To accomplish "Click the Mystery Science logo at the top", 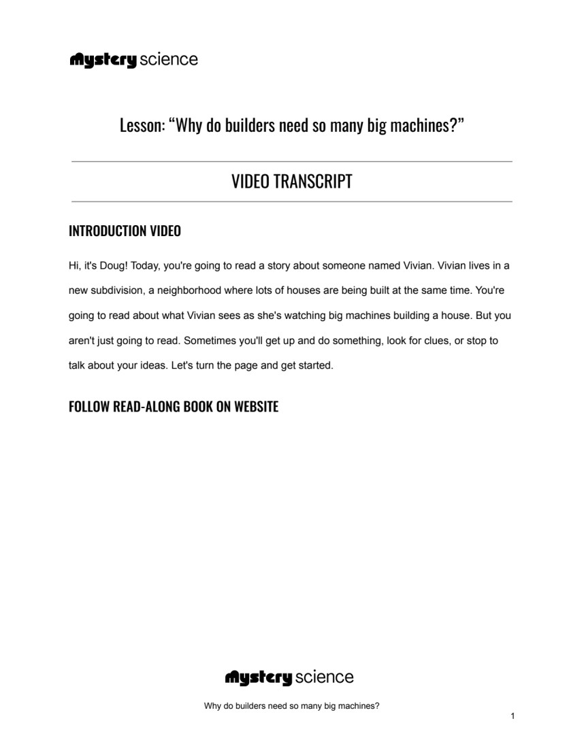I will coord(133,60).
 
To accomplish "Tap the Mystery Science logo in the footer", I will coord(289,677).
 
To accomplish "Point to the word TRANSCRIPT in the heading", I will coord(313,182).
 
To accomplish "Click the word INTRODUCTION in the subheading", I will coord(106,231).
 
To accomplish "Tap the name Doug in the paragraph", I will coord(112,265).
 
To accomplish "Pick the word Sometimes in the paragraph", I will coord(210,340).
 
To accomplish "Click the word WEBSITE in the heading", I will coord(257,407).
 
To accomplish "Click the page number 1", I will coord(512,716).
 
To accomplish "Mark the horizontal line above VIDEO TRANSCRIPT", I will coord(291,162).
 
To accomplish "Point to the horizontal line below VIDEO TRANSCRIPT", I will coord(291,202).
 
